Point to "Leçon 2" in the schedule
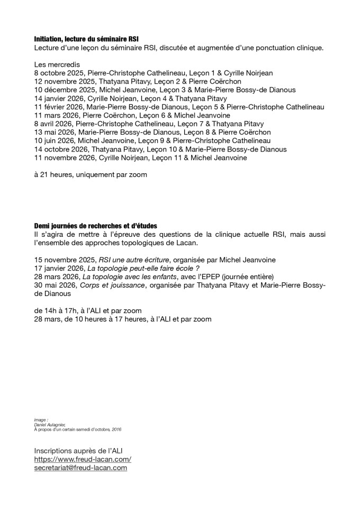(165, 82)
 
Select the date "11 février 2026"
(59, 107)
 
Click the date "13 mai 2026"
(54, 132)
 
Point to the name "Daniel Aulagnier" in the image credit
(45, 425)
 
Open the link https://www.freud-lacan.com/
(83, 459)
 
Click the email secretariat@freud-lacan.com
(80, 468)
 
